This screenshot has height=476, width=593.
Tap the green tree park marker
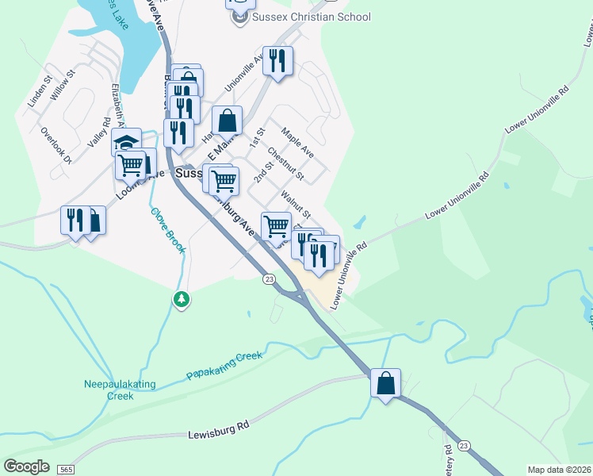pos(182,299)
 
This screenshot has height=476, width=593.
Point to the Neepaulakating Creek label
pos(120,390)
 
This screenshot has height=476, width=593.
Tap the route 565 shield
pos(64,470)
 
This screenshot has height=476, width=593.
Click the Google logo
pos(26,466)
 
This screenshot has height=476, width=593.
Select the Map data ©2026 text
pos(560,470)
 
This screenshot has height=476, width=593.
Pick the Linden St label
pos(39,92)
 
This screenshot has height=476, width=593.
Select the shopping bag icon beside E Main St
pos(227,121)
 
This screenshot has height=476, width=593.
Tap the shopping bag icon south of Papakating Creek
pos(385,383)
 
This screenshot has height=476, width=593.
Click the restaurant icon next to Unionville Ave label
pos(277,61)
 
